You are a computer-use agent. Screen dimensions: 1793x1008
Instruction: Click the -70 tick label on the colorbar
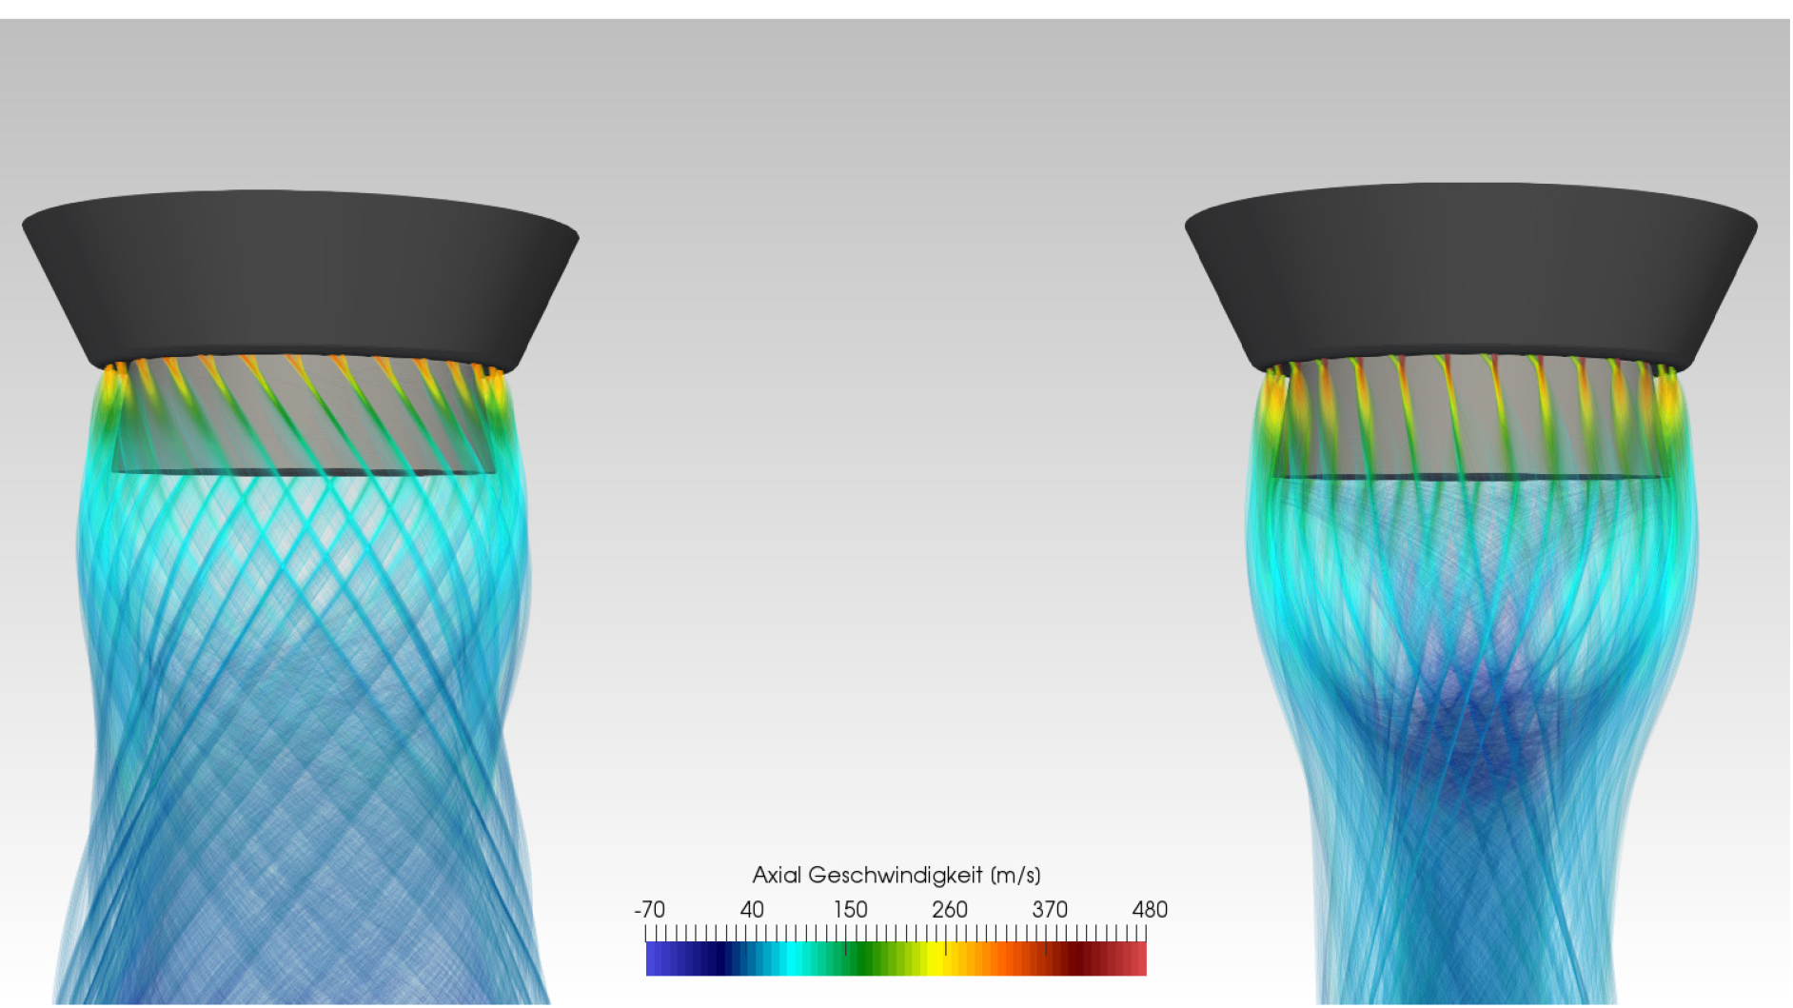(x=650, y=910)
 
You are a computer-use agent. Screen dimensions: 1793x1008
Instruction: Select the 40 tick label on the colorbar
(x=752, y=910)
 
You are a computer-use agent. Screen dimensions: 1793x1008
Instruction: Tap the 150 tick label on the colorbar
(x=851, y=910)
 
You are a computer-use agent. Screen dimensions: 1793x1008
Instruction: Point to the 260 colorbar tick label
(x=950, y=910)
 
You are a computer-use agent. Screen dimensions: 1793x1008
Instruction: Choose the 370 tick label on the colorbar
(x=1050, y=910)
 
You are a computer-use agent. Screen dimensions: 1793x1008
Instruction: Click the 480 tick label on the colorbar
(x=1150, y=910)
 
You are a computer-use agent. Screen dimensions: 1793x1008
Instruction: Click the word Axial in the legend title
(x=777, y=875)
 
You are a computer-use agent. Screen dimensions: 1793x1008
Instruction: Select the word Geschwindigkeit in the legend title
(x=895, y=876)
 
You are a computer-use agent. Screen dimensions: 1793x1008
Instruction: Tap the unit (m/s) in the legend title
(x=1015, y=876)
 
